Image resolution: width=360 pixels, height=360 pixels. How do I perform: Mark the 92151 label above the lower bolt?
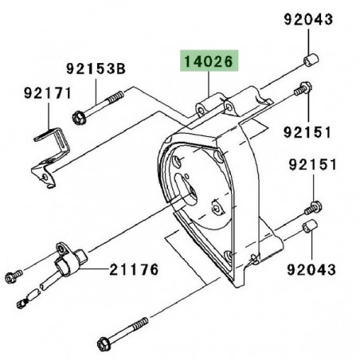tap(311, 166)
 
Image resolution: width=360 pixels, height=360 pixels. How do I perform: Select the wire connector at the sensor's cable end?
tap(26, 302)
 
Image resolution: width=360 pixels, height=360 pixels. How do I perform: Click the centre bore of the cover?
tap(193, 191)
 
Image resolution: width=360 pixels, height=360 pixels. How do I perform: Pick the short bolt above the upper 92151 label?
tap(303, 91)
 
